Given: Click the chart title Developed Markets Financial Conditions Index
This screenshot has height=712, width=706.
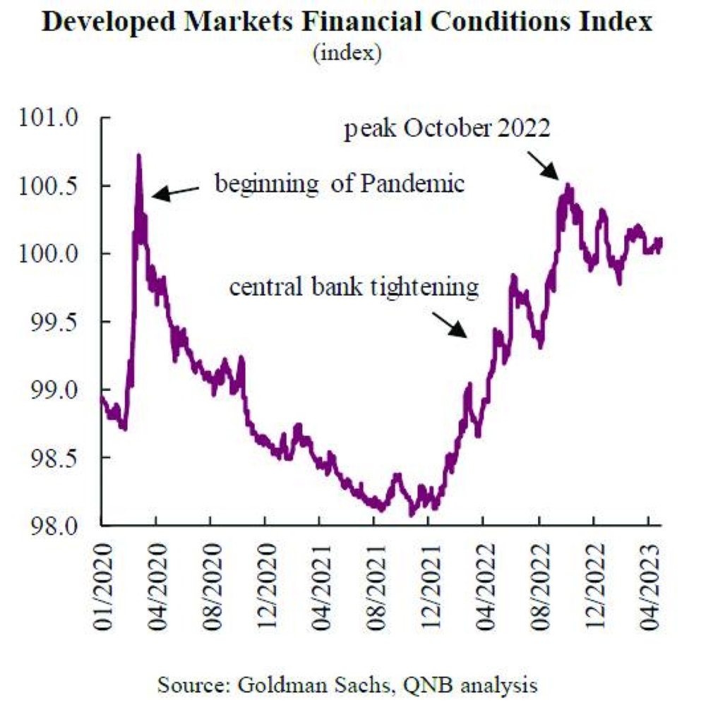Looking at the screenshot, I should (346, 23).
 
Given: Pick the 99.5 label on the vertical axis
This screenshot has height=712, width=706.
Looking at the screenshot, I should (55, 322).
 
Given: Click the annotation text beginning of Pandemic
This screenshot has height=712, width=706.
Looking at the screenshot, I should (340, 185).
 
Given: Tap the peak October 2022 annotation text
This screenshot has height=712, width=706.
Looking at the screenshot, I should (446, 131).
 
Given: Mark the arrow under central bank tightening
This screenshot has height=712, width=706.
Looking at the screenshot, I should (452, 325).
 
